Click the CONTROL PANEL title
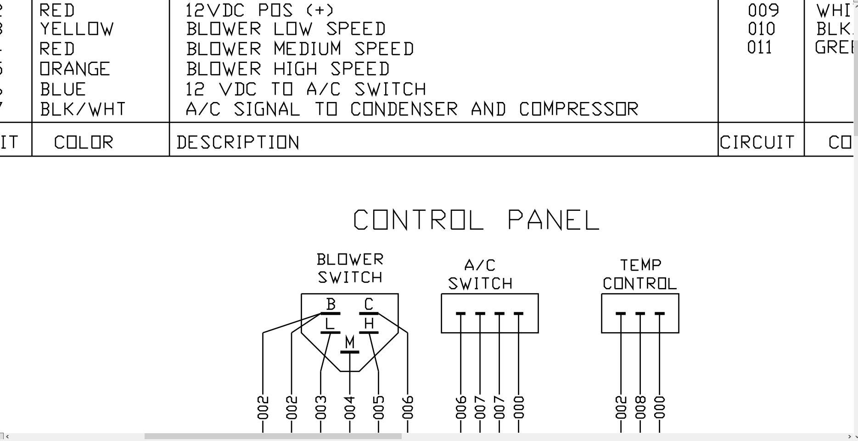coord(476,220)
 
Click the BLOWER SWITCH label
coord(350,269)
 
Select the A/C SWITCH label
coord(480,275)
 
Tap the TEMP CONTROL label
coord(640,275)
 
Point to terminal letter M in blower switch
coord(350,342)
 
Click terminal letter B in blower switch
coord(331,304)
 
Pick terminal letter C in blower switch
coord(369,304)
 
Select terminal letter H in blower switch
coord(369,324)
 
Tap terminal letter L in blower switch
coord(329,324)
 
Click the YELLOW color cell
coord(76,29)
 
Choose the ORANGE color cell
coord(75,69)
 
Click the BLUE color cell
coord(63,89)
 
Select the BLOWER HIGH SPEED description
coord(288,69)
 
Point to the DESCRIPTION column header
coord(238,143)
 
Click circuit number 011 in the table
coord(760,48)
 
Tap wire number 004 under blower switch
coord(350,407)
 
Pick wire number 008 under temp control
coord(640,407)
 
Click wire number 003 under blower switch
coord(321,407)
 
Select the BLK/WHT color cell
coord(83,109)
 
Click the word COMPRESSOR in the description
coord(579,109)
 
